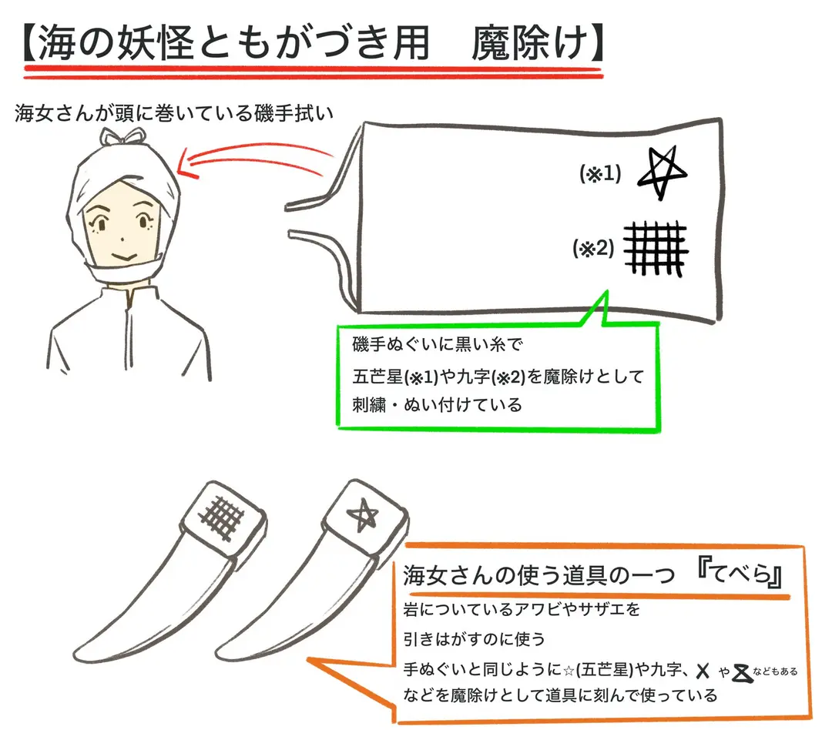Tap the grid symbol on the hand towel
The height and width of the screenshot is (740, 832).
[656, 249]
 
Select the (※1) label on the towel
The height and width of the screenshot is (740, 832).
[600, 173]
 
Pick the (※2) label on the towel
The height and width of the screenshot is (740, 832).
[594, 248]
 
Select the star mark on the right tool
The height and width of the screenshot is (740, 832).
[362, 514]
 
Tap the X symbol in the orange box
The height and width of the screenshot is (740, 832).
[703, 671]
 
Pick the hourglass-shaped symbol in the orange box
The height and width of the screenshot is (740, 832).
[742, 673]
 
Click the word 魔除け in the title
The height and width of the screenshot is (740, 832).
[531, 43]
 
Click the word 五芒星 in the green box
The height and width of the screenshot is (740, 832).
[377, 377]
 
